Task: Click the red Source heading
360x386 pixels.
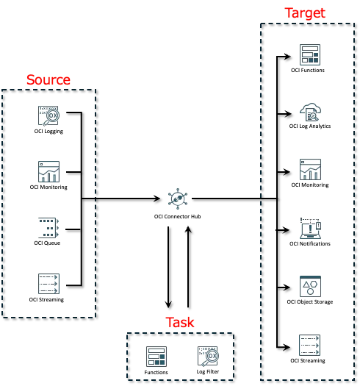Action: tap(48, 79)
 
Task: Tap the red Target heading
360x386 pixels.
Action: tap(305, 12)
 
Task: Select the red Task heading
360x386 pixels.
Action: tap(180, 322)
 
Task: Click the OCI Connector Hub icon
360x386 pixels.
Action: tap(177, 198)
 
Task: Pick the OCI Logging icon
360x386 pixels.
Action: tap(48, 116)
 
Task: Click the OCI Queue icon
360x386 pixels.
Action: tap(48, 227)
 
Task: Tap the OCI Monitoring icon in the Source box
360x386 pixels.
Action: tap(48, 171)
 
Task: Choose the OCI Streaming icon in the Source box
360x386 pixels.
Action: tap(48, 284)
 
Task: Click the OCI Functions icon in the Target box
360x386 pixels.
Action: tap(310, 54)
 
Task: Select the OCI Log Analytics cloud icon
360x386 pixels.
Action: tap(310, 112)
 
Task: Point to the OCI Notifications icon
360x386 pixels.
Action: tap(310, 228)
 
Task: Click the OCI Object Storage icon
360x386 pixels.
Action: tap(310, 286)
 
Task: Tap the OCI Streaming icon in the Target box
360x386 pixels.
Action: tap(309, 345)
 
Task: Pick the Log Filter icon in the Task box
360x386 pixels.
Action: tap(208, 357)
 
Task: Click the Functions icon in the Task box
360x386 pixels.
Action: tap(156, 357)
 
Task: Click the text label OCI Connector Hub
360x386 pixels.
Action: tap(177, 217)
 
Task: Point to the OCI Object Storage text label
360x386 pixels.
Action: tap(310, 301)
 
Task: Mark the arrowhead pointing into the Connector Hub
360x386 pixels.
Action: tap(157, 199)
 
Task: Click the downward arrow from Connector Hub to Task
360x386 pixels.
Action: tap(168, 268)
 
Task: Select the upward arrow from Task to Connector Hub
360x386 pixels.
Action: tap(188, 267)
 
